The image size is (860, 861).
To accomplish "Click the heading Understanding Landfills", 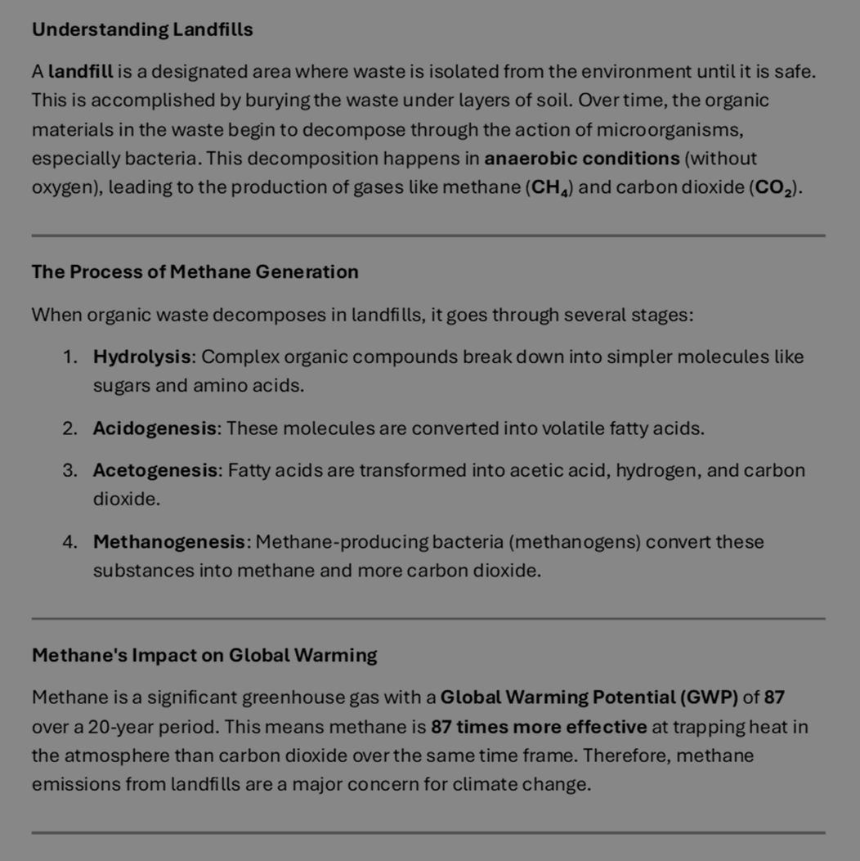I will coord(142,30).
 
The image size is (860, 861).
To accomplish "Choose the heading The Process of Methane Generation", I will coord(195,272).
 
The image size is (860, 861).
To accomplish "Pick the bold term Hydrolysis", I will coord(143,357).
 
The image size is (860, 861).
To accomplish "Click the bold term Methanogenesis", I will coord(171,542).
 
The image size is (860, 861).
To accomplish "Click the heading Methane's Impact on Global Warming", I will coord(204,656).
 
